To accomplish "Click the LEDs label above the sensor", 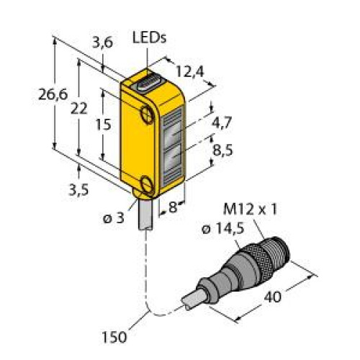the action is pyautogui.click(x=149, y=38).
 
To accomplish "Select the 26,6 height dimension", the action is pyautogui.click(x=53, y=94).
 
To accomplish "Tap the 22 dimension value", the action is pyautogui.click(x=79, y=109).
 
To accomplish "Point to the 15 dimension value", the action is pyautogui.click(x=104, y=125).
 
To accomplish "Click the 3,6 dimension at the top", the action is pyautogui.click(x=102, y=43).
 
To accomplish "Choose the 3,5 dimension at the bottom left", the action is pyautogui.click(x=78, y=190).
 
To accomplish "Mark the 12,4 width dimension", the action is pyautogui.click(x=190, y=71).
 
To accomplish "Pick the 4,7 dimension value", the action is pyautogui.click(x=222, y=122).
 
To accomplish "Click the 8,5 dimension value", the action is pyautogui.click(x=223, y=150).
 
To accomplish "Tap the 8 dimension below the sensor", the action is pyautogui.click(x=173, y=207).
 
